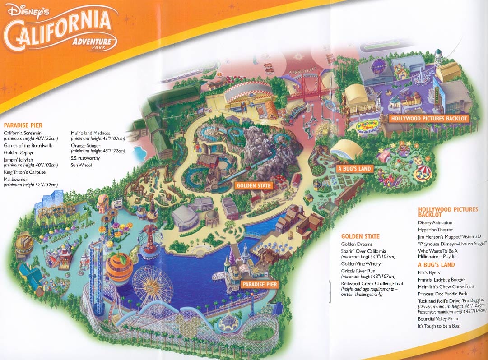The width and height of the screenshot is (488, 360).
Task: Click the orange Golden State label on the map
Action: pos(253,185)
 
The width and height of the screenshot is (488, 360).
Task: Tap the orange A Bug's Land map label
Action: pos(354,169)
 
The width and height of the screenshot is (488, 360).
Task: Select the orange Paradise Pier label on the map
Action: pos(259,284)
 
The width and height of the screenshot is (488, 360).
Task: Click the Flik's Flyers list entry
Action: pos(429,272)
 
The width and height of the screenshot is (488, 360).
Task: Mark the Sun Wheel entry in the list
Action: pos(81,165)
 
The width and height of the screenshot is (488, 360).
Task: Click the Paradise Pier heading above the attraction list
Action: pos(23,125)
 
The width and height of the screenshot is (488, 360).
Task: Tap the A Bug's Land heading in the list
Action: pos(437,264)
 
